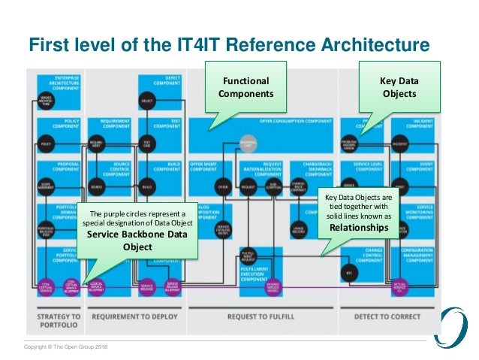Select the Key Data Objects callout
click(399, 88)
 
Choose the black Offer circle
click(222, 185)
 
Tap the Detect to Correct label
click(383, 316)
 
